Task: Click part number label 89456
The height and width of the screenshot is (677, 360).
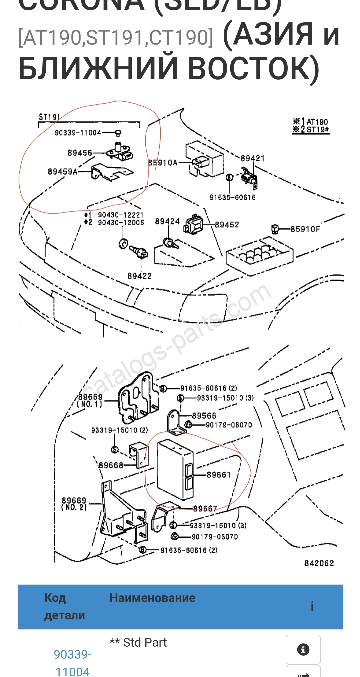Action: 80,153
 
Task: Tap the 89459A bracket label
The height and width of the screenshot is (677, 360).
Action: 63,172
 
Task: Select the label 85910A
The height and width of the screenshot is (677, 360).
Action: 163,163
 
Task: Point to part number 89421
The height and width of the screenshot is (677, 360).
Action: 252,158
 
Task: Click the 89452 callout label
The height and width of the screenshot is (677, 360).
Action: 227,225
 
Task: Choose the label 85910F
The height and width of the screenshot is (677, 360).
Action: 305,229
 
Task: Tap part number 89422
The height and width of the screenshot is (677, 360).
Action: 139,276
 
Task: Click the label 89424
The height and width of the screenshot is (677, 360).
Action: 167,222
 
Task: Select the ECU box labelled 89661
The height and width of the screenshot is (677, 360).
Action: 173,470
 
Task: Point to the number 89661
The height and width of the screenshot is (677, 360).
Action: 219,475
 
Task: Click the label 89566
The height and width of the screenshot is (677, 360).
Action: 204,416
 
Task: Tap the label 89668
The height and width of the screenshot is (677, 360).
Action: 111,465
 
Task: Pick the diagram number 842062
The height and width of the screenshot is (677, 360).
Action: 319,563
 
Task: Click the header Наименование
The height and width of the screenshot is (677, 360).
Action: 152,598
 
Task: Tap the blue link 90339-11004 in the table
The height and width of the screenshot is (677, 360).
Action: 72,663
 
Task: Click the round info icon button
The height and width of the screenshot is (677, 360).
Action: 303,649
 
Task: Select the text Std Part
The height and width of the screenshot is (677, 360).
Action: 145,642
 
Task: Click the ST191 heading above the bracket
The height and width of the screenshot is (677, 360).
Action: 49,117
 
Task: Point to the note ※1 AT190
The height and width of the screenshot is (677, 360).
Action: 311,122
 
